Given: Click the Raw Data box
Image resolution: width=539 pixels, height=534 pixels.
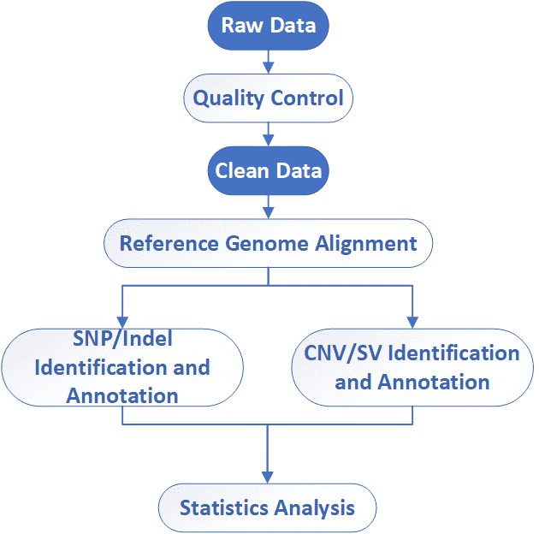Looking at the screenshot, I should (269, 24).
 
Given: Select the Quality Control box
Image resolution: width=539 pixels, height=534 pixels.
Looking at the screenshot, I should (269, 98).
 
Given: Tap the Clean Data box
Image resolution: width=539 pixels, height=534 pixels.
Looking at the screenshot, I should (269, 170).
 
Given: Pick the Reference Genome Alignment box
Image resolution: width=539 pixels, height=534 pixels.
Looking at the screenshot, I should (269, 243).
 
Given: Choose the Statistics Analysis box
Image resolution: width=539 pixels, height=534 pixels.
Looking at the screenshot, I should (267, 508).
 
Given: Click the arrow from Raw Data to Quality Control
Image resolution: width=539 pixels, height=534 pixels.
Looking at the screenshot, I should (269, 60).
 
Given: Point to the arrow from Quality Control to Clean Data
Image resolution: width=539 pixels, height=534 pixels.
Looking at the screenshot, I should (269, 133).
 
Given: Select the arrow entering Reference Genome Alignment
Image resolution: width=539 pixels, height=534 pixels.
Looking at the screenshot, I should (269, 206).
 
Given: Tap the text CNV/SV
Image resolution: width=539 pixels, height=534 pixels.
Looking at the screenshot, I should (340, 353).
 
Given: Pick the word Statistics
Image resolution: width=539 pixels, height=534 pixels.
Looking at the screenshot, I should (225, 508).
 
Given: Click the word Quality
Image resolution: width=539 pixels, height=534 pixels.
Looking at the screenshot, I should (227, 98).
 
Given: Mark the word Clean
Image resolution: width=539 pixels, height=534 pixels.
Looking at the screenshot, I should (241, 170).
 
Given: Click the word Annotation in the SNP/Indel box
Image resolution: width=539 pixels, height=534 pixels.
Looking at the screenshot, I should (122, 395).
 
